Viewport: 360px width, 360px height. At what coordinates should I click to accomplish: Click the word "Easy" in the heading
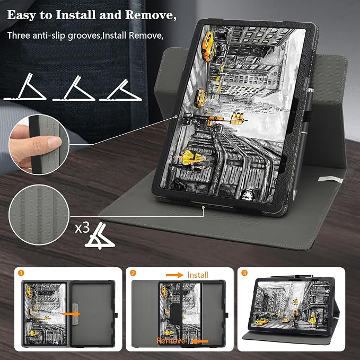tap(21, 15)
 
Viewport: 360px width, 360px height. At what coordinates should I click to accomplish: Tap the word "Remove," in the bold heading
tap(151, 15)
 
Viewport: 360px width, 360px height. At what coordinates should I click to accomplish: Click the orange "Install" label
tap(198, 275)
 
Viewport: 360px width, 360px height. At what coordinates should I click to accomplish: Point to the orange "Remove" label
tap(171, 341)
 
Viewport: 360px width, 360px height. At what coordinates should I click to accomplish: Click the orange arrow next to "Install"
tap(174, 275)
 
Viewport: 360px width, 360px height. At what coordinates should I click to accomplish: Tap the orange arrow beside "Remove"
tap(199, 341)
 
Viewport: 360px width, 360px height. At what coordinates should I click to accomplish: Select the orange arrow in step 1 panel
tap(71, 314)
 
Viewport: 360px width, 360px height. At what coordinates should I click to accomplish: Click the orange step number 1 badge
tap(21, 273)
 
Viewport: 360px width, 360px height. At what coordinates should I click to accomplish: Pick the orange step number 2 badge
tap(133, 273)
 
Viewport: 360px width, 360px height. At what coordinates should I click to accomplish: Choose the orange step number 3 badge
tap(244, 273)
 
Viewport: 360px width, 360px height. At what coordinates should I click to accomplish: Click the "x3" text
tap(82, 228)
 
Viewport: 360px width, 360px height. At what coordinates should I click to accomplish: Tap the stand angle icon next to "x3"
tap(100, 236)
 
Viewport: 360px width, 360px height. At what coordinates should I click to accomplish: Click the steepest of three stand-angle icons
tap(25, 87)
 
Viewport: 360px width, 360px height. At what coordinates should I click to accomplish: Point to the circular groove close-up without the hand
tap(39, 215)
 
